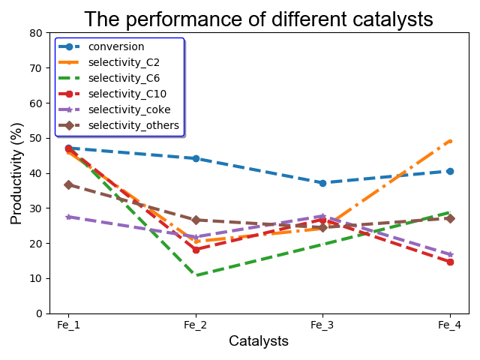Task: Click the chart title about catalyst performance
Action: click(258, 19)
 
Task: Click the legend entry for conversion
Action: click(115, 46)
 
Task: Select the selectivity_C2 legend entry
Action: click(124, 62)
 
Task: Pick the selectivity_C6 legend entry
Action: click(124, 78)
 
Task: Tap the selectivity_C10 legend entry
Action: click(127, 94)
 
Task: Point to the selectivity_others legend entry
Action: click(133, 125)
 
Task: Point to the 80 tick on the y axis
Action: click(35, 33)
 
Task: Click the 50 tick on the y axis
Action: click(35, 138)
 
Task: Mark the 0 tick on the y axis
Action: click(38, 313)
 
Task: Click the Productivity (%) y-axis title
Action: click(16, 173)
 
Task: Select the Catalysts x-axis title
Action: click(259, 341)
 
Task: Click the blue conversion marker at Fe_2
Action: click(196, 158)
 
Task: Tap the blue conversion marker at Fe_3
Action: click(322, 183)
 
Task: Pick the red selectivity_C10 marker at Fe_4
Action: click(450, 262)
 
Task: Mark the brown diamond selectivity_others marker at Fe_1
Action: click(68, 184)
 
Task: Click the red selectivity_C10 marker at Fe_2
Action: click(196, 250)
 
